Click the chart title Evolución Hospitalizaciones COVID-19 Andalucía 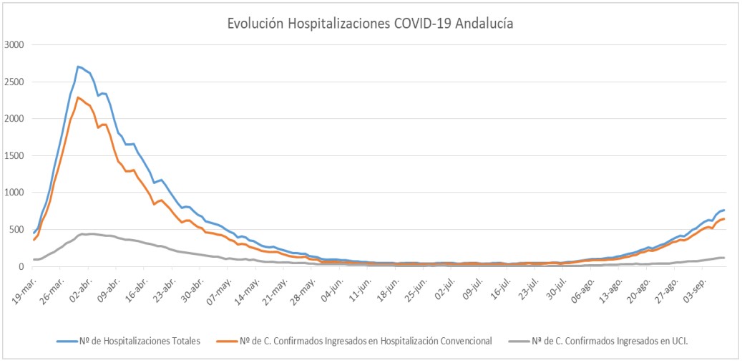click(x=370, y=23)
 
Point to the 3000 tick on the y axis click(x=14, y=45)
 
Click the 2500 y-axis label click(x=14, y=82)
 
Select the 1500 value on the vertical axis click(x=14, y=156)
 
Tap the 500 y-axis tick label click(x=17, y=230)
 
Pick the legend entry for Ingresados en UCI click(x=608, y=341)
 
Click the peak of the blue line click(x=78, y=67)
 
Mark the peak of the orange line click(x=78, y=97)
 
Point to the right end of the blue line click(x=724, y=210)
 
